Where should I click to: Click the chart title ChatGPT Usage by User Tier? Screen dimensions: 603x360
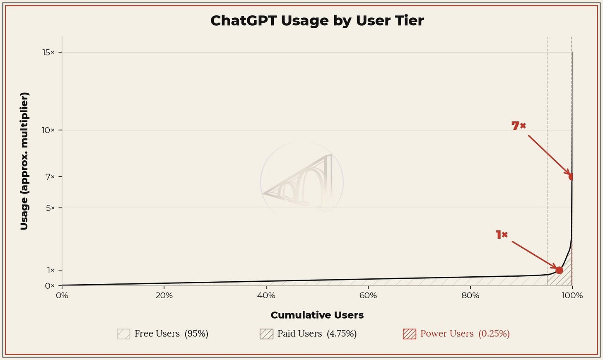tap(317, 21)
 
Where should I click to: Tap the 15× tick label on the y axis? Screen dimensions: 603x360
tap(48, 52)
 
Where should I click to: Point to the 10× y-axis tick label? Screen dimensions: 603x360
tap(48, 130)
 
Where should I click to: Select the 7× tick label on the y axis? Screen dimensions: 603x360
tap(50, 176)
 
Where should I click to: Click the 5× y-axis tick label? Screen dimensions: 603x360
tap(50, 208)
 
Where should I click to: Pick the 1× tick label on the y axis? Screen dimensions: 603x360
tap(51, 270)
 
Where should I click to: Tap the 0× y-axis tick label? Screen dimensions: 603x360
tap(50, 286)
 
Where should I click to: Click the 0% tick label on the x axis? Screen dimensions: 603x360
tap(62, 296)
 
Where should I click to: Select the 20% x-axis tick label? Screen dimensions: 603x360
tap(164, 296)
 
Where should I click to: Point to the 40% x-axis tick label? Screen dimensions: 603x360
tap(266, 296)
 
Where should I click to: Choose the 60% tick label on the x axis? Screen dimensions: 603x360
tap(368, 296)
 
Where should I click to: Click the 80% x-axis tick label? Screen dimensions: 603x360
tap(470, 296)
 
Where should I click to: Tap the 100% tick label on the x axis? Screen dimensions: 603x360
tap(572, 296)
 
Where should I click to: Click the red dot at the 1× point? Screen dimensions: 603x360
tap(559, 270)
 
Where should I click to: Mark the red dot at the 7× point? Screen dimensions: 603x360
tap(571, 176)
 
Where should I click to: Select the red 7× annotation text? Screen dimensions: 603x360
tap(519, 126)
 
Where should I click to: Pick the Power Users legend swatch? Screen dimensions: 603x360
tap(410, 334)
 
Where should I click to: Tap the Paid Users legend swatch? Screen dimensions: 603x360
tap(267, 334)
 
